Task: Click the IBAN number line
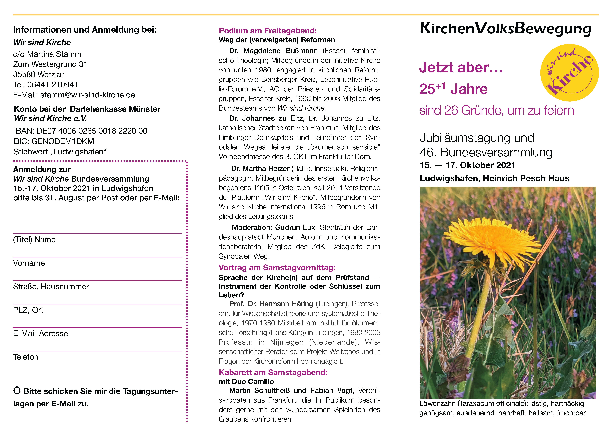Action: (x=81, y=131)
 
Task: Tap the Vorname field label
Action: (x=29, y=263)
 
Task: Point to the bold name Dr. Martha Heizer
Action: (x=260, y=169)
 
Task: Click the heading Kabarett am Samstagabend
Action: (x=273, y=373)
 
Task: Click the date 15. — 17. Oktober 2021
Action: (x=467, y=165)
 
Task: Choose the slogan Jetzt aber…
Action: (x=461, y=68)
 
